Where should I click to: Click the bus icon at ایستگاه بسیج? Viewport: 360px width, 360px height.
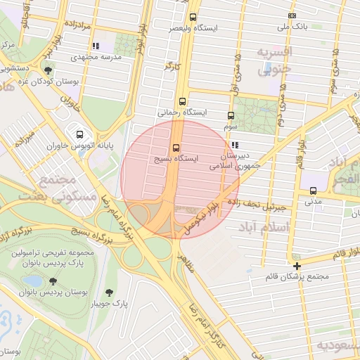click(x=176, y=148)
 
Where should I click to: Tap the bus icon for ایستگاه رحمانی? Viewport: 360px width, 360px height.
click(x=183, y=101)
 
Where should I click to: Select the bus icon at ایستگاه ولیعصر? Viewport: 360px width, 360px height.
click(x=193, y=18)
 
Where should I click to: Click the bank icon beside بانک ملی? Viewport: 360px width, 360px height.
click(x=292, y=16)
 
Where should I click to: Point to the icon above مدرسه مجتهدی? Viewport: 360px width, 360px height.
click(x=96, y=46)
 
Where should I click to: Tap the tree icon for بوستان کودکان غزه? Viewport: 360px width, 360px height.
click(x=48, y=70)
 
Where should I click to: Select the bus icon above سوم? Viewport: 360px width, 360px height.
click(x=231, y=116)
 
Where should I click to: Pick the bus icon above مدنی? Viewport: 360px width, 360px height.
click(x=313, y=190)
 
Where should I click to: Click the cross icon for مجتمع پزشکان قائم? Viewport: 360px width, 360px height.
click(x=297, y=266)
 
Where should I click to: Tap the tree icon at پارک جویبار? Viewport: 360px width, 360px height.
click(x=110, y=292)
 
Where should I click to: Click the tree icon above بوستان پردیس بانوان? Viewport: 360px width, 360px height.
click(x=51, y=279)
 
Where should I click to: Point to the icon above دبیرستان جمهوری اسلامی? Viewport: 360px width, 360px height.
click(x=234, y=145)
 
